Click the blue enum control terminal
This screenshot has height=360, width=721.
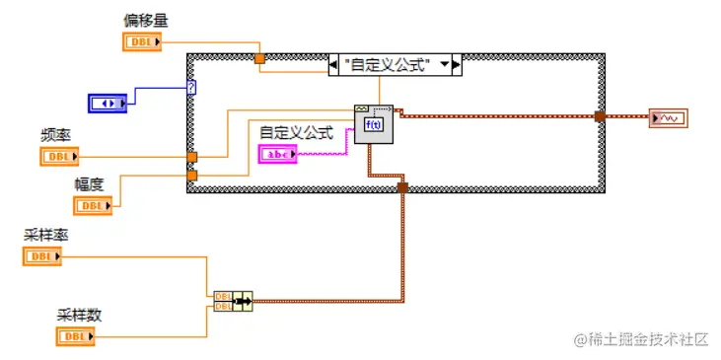tap(108, 103)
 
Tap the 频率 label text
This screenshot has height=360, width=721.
tap(55, 136)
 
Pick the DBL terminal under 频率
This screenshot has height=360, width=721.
tap(59, 157)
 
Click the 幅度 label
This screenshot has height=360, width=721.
tap(90, 183)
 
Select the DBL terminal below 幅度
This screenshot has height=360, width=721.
tap(93, 205)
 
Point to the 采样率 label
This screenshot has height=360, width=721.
tap(45, 236)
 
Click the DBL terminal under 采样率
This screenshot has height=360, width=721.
tap(41, 257)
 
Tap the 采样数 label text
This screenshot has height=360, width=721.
tap(80, 316)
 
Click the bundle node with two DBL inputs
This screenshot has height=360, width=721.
tap(232, 300)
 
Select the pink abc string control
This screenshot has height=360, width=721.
tap(277, 154)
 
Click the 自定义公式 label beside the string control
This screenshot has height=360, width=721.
tap(296, 132)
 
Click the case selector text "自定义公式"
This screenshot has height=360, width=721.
tap(388, 65)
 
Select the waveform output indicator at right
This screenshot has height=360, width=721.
tap(668, 118)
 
